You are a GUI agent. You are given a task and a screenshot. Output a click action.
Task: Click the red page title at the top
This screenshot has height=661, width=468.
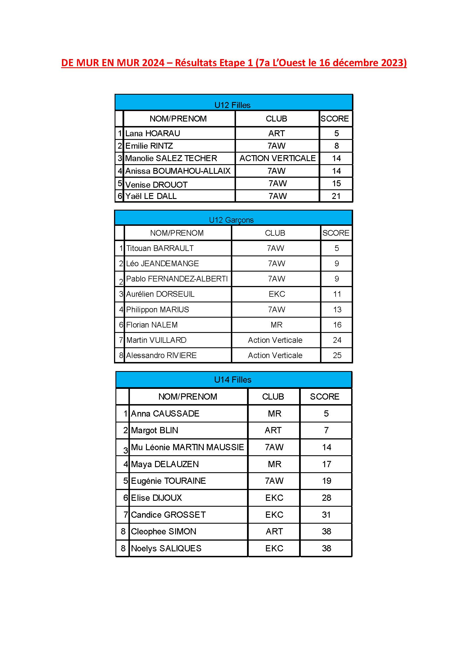coord(234,63)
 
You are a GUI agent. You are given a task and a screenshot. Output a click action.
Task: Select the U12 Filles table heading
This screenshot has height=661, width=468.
coord(232,105)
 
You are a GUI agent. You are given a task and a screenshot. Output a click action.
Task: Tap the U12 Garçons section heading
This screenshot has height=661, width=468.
coord(231,220)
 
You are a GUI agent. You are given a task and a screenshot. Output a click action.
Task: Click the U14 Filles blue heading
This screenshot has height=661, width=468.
coord(233,380)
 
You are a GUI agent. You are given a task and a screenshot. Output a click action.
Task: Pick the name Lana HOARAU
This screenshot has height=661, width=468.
coord(153,133)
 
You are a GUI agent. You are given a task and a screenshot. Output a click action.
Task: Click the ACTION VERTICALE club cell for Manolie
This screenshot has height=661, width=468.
coord(278,158)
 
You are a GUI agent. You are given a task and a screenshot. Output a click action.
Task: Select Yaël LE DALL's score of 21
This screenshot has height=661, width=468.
coord(336,196)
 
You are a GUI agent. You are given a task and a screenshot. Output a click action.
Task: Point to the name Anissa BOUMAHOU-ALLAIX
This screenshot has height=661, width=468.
coord(178,171)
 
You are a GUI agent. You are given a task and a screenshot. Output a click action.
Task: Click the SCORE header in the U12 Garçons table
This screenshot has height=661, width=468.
coord(336,233)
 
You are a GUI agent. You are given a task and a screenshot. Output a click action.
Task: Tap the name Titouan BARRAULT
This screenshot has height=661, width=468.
coord(160,248)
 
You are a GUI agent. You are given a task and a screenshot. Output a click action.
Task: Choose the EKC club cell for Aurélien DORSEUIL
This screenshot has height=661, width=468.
coord(277,294)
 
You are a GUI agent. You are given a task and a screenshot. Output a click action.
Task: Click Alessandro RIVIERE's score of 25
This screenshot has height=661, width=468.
coord(337,355)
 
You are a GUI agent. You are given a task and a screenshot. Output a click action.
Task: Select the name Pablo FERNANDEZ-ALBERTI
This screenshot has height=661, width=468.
coord(177,279)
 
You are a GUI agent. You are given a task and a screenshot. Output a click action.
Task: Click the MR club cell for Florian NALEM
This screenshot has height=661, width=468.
coord(276,325)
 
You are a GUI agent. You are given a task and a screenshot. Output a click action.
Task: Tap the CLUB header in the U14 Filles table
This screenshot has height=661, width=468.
coord(273,396)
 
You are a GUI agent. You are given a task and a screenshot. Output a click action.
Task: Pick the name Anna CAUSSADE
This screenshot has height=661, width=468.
coord(165,413)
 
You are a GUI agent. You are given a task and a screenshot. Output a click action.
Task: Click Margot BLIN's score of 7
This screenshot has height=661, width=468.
coord(326,430)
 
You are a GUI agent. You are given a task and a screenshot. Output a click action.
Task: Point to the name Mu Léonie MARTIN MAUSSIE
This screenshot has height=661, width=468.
coord(187,447)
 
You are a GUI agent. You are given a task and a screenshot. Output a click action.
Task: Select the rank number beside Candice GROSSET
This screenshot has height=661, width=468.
coord(125,514)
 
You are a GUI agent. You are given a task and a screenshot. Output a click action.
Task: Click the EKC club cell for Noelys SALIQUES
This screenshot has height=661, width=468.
coord(274,548)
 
